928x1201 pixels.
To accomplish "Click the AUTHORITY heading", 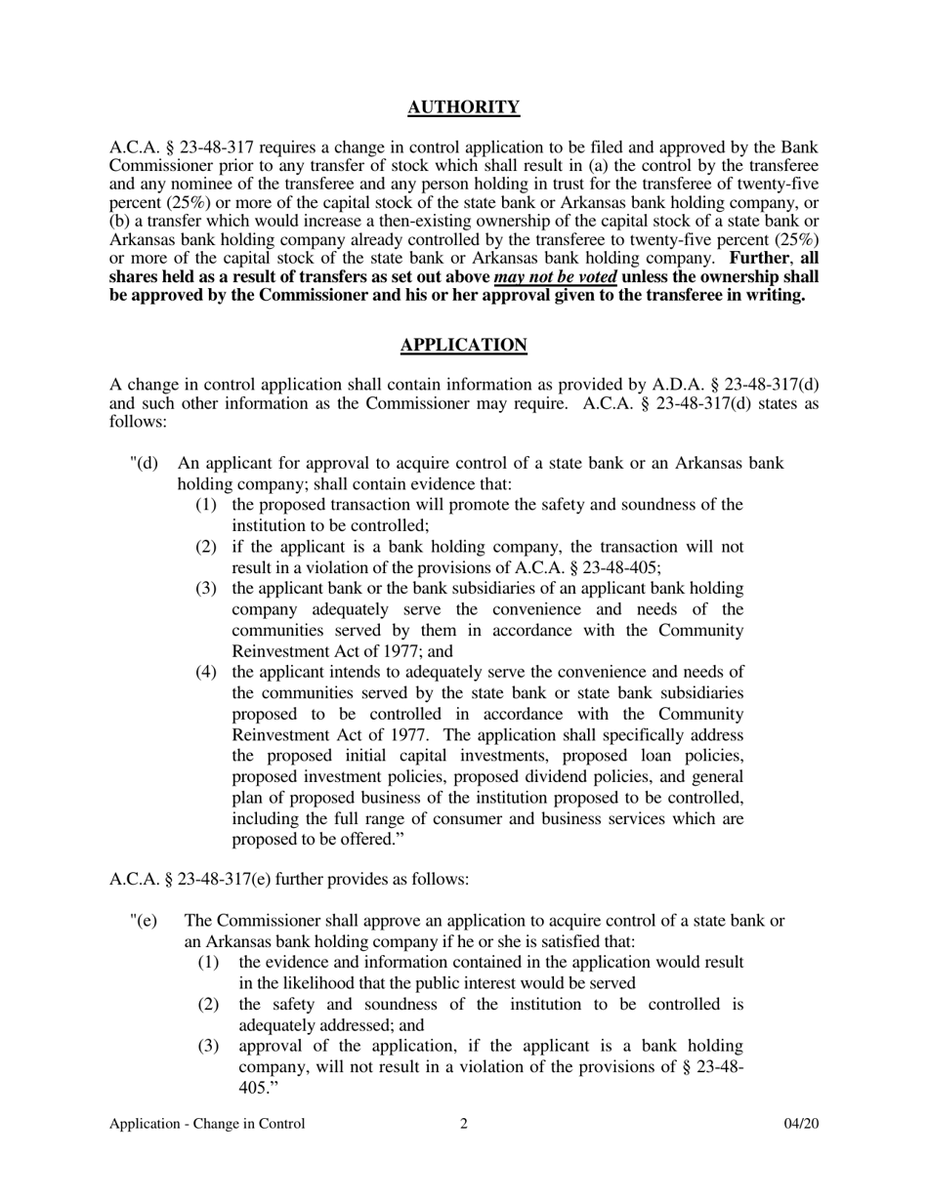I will coord(463,107).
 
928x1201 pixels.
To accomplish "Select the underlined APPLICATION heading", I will coord(463,345).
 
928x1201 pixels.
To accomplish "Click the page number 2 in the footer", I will coord(463,1124).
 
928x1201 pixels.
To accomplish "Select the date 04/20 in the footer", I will coord(801,1124).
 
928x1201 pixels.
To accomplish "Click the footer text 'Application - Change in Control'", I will coord(207,1124).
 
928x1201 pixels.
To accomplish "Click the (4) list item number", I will coord(206,672).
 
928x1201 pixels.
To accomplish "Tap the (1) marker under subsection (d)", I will coord(206,505).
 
